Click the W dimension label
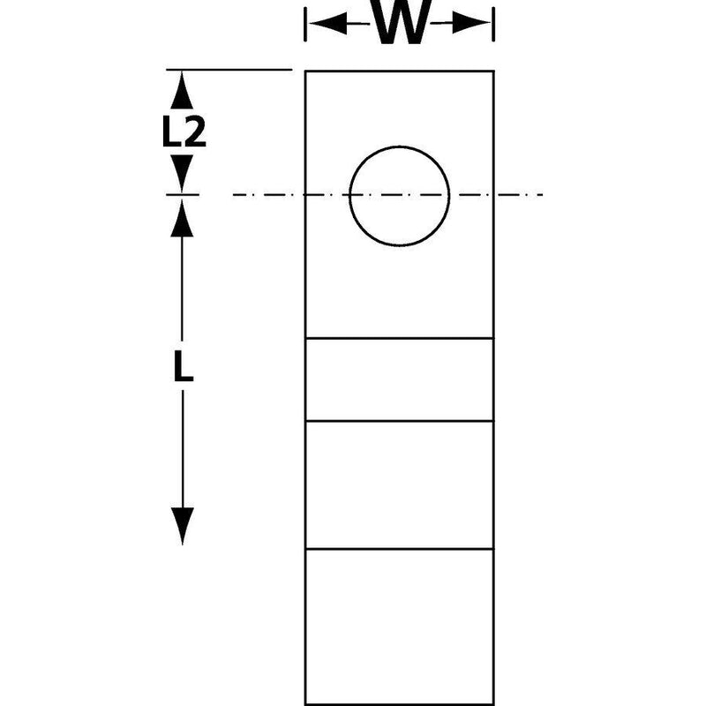[400, 23]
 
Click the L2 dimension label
[184, 131]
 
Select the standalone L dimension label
[184, 366]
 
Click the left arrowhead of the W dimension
[328, 23]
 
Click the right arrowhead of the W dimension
[471, 23]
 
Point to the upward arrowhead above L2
[182, 90]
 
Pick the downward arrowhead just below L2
[182, 173]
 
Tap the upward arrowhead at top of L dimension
[182, 218]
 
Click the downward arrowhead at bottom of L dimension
[183, 526]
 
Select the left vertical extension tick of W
[305, 25]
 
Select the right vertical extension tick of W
[493, 25]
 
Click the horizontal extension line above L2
[229, 70]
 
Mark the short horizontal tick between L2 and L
[183, 195]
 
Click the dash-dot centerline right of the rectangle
[519, 195]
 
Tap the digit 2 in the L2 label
[195, 131]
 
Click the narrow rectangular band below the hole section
[400, 379]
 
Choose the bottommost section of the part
[400, 627]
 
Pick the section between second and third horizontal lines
[400, 484]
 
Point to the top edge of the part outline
[400, 71]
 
